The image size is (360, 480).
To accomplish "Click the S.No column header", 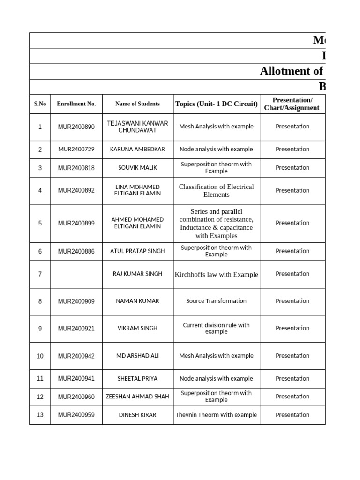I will click(x=40, y=104).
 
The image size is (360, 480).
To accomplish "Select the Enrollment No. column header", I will click(x=76, y=104).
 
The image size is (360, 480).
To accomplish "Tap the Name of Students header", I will click(x=137, y=104).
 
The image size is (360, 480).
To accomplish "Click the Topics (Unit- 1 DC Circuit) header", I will click(x=216, y=104).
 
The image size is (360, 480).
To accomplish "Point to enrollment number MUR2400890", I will click(x=76, y=127).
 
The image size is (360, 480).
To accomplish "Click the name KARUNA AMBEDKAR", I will click(x=137, y=150).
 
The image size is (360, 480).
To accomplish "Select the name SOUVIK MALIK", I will click(x=137, y=168).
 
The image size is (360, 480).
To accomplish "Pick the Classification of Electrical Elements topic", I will click(x=216, y=190).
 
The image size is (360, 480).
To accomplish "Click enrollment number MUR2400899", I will click(x=76, y=224).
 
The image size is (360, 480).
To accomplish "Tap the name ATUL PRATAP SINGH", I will click(x=137, y=251).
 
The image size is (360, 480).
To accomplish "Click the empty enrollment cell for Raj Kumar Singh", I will click(x=76, y=274).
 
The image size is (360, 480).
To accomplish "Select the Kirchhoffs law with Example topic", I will click(x=216, y=275).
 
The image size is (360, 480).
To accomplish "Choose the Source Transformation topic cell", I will click(x=216, y=301).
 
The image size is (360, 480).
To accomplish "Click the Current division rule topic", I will click(x=216, y=328).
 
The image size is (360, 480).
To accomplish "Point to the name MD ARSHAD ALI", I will click(x=137, y=356).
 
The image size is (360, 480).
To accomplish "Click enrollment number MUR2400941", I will click(x=76, y=379).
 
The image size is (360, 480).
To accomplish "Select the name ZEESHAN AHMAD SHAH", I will click(x=137, y=397).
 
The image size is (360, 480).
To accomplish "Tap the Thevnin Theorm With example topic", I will click(x=216, y=415).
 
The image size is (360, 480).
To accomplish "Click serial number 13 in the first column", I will click(x=40, y=415).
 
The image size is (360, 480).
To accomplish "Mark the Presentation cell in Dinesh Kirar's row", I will click(x=292, y=415).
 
